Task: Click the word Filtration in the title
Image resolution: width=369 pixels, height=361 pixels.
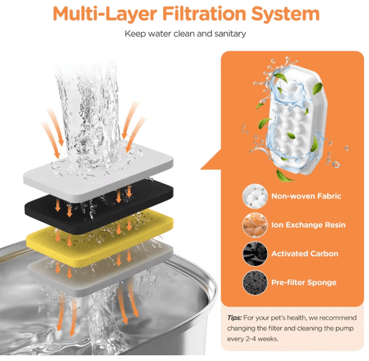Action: tap(204, 13)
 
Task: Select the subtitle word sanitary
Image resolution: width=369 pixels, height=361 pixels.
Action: tap(230, 34)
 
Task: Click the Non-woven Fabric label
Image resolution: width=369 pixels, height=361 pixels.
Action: tap(306, 196)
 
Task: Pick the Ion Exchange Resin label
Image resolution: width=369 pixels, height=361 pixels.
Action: tap(308, 225)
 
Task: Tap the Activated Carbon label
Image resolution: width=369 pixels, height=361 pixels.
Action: tap(305, 254)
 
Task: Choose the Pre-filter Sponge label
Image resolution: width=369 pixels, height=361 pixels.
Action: tap(304, 282)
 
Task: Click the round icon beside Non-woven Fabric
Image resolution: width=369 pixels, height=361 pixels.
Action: tap(255, 196)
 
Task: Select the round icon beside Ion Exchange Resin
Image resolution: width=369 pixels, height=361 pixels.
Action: tap(255, 225)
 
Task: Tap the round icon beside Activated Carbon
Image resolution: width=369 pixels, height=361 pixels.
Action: tap(255, 254)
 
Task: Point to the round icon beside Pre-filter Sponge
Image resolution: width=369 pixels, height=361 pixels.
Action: tap(255, 282)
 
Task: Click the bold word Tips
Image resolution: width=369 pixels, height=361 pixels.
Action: tap(235, 318)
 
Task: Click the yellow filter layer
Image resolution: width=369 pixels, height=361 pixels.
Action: tap(100, 237)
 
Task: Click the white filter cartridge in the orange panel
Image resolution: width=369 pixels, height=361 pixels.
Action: tap(297, 120)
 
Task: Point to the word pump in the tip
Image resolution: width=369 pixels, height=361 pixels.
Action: tap(345, 329)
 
